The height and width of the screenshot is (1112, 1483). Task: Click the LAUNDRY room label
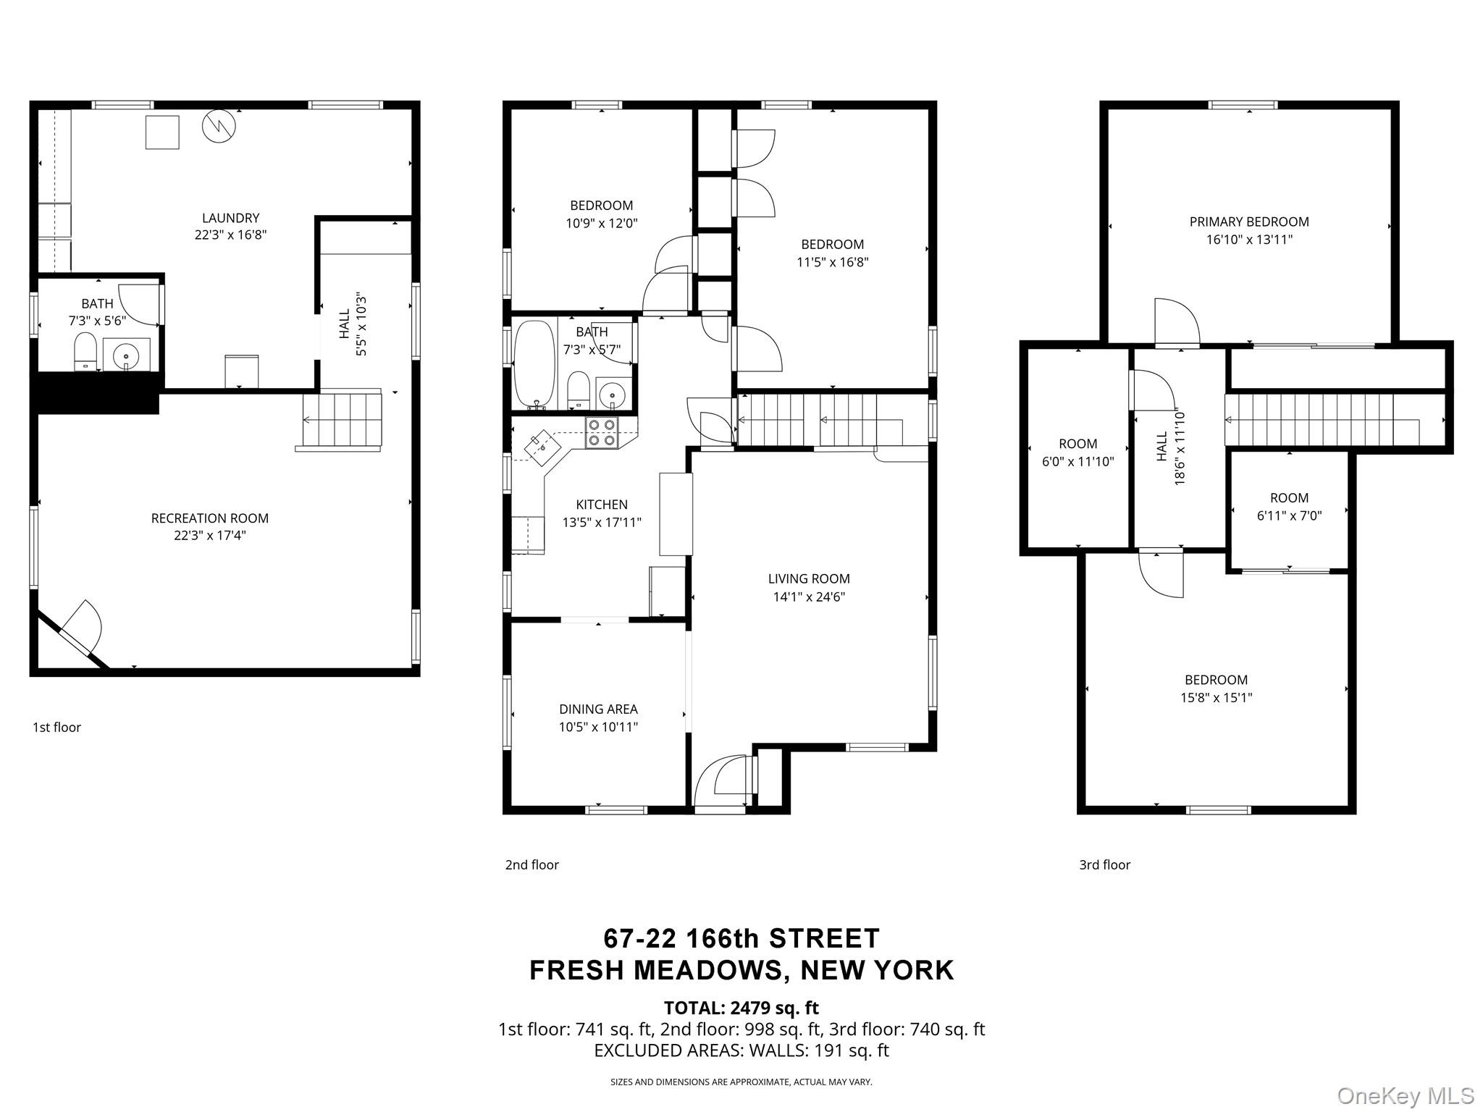pos(230,218)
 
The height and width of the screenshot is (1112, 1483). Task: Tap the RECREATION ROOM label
pos(209,518)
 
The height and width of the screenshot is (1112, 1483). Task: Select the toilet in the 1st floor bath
pos(85,352)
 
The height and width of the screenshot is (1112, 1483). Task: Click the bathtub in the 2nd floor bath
pos(534,365)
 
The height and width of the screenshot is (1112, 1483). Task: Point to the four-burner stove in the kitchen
pos(601,432)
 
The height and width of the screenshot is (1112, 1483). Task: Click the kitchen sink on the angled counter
pos(541,444)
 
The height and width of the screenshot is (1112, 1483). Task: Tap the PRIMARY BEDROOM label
pos(1249,222)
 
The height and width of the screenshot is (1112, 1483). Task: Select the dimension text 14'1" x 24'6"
pos(809,597)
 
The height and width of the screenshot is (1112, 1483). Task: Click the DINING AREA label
pos(598,709)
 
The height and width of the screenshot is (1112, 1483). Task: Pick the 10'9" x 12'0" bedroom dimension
pos(602,223)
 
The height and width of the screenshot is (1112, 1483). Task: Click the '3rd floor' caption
pos(1104,864)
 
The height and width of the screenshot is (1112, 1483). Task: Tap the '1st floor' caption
pos(56,727)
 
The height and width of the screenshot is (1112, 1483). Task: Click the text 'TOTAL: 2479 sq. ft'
pos(741,1008)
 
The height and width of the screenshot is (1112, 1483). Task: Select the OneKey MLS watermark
pos(1405,1095)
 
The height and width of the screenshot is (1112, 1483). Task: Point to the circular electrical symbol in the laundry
pos(219,126)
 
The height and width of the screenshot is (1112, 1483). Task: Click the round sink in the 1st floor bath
pos(126,356)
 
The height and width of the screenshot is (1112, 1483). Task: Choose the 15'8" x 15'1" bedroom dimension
pos(1216,698)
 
